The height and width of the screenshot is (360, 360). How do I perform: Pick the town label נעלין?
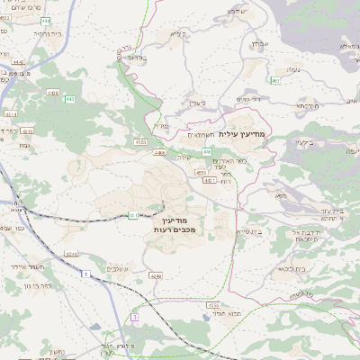coord(290,67)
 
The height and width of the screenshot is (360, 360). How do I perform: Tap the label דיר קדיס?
coord(248,99)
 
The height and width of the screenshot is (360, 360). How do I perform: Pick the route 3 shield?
coord(135,317)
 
